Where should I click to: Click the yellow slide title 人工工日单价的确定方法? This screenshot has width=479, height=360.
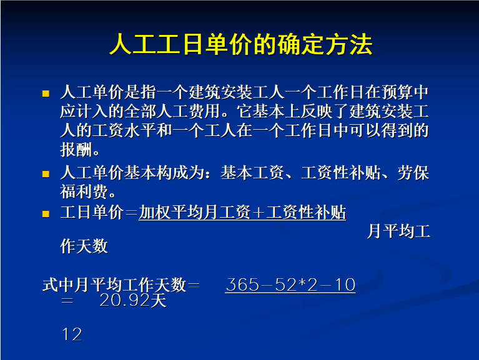pyautogui.click(x=241, y=44)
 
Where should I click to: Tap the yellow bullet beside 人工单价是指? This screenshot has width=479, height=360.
pyautogui.click(x=46, y=94)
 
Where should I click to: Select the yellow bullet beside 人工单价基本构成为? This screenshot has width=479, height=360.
pyautogui.click(x=46, y=174)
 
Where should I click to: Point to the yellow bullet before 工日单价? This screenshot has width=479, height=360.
pyautogui.click(x=46, y=213)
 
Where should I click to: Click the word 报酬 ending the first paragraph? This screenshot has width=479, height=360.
pyautogui.click(x=76, y=150)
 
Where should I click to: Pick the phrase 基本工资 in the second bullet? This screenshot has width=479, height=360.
pyautogui.click(x=252, y=173)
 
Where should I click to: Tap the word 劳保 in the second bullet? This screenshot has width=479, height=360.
pyautogui.click(x=413, y=173)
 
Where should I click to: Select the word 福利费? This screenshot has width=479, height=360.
pyautogui.click(x=84, y=192)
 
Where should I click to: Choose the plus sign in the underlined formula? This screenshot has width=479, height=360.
pyautogui.click(x=259, y=213)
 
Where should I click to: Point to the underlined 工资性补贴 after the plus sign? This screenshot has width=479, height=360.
pyautogui.click(x=306, y=212)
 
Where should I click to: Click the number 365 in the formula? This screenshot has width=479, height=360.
pyautogui.click(x=242, y=285)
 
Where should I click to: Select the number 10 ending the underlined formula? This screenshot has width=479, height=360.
pyautogui.click(x=345, y=285)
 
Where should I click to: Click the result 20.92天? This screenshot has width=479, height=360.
pyautogui.click(x=133, y=300)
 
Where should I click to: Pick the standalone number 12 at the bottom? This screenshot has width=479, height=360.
pyautogui.click(x=72, y=334)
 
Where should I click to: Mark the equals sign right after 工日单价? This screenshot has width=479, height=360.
pyautogui.click(x=131, y=213)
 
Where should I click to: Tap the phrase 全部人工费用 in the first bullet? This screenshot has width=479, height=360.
pyautogui.click(x=172, y=111)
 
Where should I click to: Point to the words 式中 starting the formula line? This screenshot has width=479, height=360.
pyautogui.click(x=58, y=285)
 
